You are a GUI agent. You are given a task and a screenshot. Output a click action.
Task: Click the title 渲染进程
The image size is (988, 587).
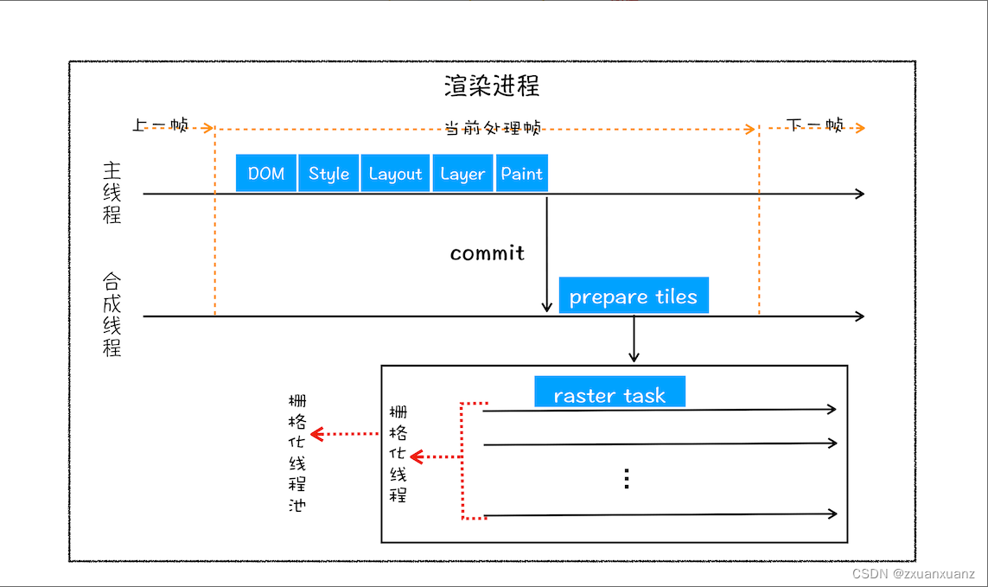click(492, 86)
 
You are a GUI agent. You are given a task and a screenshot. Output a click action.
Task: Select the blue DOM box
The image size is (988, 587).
click(266, 173)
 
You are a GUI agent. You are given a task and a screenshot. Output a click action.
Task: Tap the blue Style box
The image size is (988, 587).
click(328, 173)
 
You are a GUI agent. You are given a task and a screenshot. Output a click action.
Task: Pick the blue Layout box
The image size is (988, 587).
click(395, 173)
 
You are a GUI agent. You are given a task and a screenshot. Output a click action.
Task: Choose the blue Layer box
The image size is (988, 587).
click(462, 173)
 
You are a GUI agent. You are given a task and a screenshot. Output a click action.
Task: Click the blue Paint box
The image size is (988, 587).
click(522, 173)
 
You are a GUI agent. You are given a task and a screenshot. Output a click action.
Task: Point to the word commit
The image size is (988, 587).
click(488, 253)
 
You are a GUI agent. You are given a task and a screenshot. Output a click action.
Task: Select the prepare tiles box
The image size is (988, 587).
click(634, 296)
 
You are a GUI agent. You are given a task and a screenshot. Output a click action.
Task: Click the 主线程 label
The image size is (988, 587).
click(112, 192)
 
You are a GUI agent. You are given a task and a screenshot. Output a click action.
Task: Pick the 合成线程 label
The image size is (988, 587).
click(112, 315)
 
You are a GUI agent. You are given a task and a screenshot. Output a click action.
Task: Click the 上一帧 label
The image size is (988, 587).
click(161, 125)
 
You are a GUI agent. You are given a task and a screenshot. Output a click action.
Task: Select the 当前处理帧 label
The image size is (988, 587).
click(493, 128)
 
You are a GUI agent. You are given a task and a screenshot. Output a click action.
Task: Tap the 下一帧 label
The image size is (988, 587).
click(815, 125)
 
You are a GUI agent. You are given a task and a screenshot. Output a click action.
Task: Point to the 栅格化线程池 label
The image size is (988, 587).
click(296, 453)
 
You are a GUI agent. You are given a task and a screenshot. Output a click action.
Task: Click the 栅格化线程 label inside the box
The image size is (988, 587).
click(398, 454)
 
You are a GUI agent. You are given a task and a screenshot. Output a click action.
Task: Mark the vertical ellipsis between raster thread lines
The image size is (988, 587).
click(627, 478)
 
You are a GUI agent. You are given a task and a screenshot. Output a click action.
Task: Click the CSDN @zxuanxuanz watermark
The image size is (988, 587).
click(914, 574)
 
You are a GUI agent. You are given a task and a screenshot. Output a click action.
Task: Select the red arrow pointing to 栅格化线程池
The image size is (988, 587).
click(344, 433)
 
